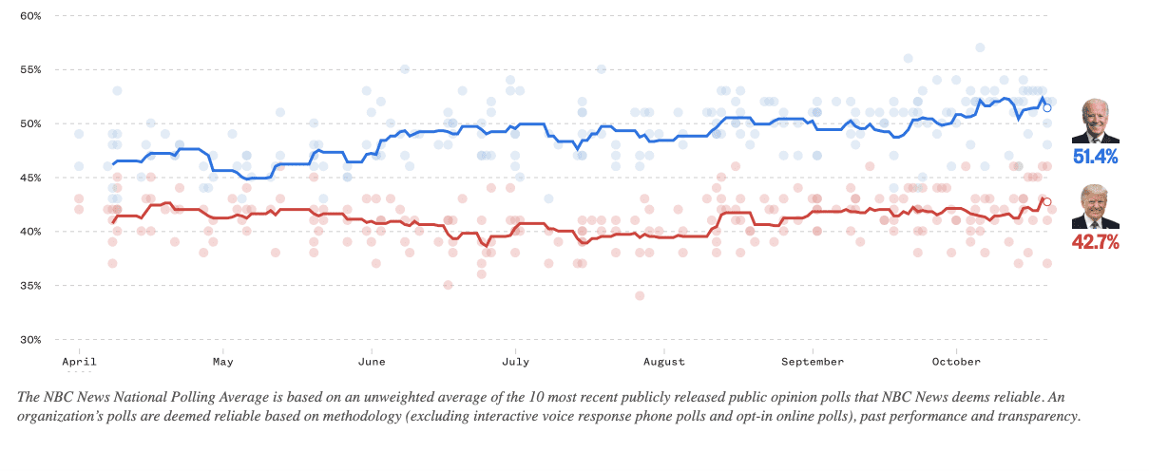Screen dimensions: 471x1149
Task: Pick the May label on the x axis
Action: (x=222, y=362)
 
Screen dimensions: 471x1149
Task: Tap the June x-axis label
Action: (x=371, y=362)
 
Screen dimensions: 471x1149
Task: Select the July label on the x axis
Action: (x=515, y=362)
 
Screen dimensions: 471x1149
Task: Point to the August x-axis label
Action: (x=663, y=362)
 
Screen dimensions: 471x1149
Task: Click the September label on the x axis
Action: (x=813, y=362)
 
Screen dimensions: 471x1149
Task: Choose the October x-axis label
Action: (x=956, y=362)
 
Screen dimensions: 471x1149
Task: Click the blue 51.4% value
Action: (x=1095, y=157)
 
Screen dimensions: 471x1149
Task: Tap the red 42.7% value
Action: (x=1095, y=242)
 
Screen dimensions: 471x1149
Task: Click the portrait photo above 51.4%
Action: (x=1095, y=122)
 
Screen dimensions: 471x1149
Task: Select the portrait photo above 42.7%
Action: (x=1095, y=207)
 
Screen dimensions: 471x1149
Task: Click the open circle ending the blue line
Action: (x=1046, y=108)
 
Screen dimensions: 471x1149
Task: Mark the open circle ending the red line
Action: (x=1046, y=201)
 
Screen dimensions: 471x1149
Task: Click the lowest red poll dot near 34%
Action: (x=640, y=295)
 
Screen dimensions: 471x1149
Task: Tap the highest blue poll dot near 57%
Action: (x=979, y=47)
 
